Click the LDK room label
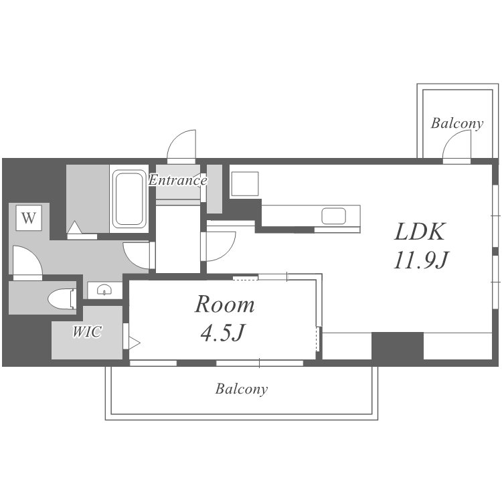tap(420, 232)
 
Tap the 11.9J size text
tap(421, 260)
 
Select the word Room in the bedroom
tap(225, 304)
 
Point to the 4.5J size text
tap(223, 332)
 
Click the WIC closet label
tap(87, 332)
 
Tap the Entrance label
tap(177, 180)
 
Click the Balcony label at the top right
tap(457, 123)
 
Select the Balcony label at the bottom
tap(242, 389)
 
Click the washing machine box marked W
tap(29, 218)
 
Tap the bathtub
tap(129, 199)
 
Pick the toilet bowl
tap(62, 299)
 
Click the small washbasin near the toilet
tap(104, 289)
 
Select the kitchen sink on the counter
tap(333, 216)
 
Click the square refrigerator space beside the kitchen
tap(244, 183)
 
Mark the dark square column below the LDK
tap(398, 346)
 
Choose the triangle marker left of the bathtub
tap(74, 227)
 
